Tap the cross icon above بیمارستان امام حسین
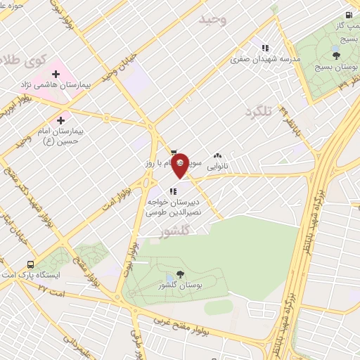click(60, 121)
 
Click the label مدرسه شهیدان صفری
click(262, 60)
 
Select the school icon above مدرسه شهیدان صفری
click(265, 48)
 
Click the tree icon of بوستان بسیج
click(337, 56)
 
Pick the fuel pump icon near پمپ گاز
click(349, 15)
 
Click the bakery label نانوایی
click(217, 167)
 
